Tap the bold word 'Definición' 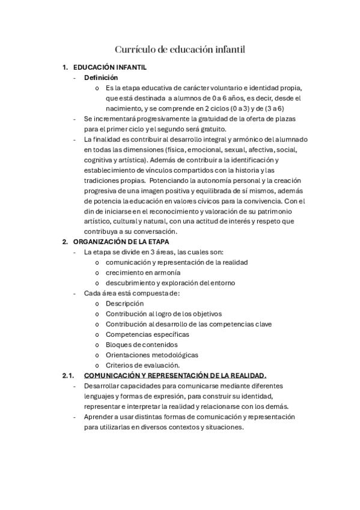pos(101,78)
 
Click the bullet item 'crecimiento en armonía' pos(143,272)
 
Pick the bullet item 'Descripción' pos(124,304)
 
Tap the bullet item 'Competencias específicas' pos(147,334)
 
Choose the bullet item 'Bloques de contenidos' pos(142,345)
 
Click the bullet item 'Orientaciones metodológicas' pos(152,355)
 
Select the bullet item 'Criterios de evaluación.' pos(142,365)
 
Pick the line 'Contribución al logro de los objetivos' pos(164,314)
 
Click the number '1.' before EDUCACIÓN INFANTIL pos(65,68)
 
